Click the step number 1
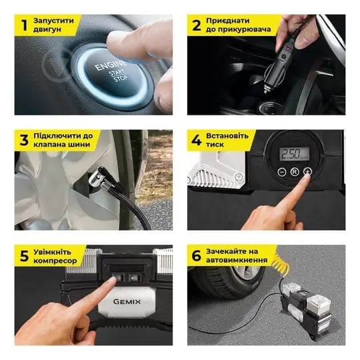coord(25,25)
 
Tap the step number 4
coord(197,140)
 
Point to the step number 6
coord(196,255)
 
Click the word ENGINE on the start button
coord(111,65)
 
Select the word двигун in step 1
coord(47,30)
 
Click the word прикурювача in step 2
coord(238,30)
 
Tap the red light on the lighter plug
coord(287,48)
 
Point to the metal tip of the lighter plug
coord(265,89)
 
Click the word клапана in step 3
coord(49,145)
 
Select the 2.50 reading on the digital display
coord(291,153)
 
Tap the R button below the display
coord(295,172)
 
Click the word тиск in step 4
coord(215,145)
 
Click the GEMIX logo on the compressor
coord(127,301)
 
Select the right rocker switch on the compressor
coord(134,278)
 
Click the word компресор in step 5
coord(55,261)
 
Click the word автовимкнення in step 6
coord(237,260)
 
